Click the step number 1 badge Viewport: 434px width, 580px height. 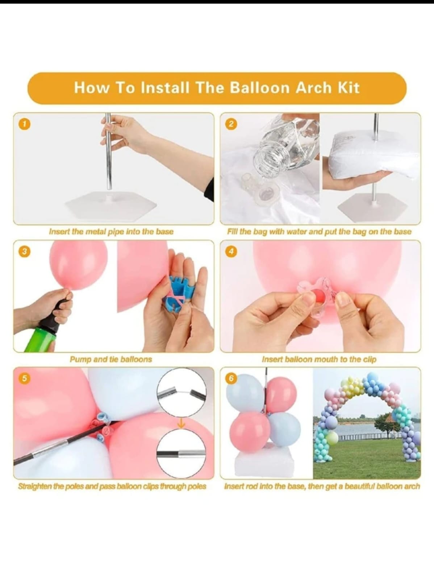coord(24,124)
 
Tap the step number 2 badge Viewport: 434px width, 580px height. coord(231,124)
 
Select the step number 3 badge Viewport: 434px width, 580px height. coord(24,251)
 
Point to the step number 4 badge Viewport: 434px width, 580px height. coord(231,251)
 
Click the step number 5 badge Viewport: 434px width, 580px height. coord(24,378)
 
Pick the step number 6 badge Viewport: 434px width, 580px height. coord(231,378)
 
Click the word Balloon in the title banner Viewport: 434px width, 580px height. coord(260,88)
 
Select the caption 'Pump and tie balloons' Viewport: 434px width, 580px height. coord(111,359)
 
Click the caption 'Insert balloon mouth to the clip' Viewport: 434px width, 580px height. coord(319,359)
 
